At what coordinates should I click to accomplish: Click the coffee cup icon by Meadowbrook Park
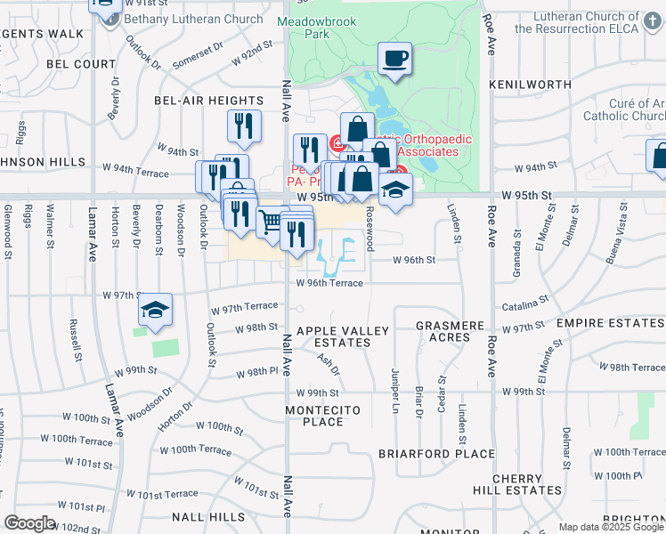click(x=394, y=60)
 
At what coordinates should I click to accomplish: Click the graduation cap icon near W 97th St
click(x=156, y=310)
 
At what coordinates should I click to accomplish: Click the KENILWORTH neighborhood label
click(x=530, y=85)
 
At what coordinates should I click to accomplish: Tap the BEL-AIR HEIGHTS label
click(x=209, y=101)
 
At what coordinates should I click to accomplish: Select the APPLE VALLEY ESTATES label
click(x=343, y=336)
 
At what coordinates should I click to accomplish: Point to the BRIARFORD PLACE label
click(x=435, y=453)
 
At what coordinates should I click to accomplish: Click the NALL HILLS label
click(x=208, y=517)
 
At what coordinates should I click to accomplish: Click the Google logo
click(x=29, y=523)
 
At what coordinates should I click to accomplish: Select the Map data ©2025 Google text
click(x=611, y=527)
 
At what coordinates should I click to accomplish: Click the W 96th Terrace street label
click(x=329, y=283)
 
